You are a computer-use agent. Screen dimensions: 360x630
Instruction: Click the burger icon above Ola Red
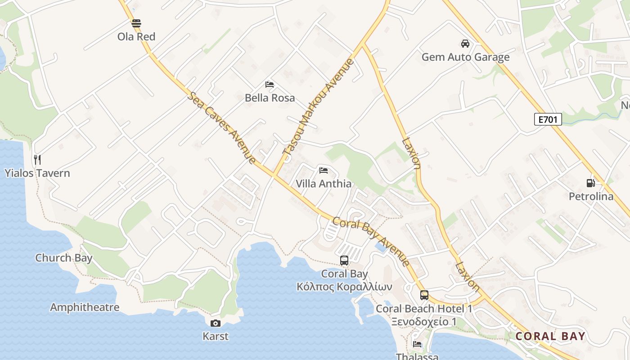[136, 23]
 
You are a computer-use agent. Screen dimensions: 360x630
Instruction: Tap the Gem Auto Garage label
[465, 57]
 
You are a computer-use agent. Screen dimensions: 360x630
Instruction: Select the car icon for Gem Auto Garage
[465, 44]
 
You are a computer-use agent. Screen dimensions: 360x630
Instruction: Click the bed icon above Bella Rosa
[270, 84]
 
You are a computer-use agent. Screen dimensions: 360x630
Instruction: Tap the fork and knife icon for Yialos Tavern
[37, 159]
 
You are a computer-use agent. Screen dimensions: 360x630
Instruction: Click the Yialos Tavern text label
[37, 173]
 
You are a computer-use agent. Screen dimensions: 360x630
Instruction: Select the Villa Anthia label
[324, 184]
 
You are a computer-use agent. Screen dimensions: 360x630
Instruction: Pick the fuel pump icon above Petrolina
[591, 183]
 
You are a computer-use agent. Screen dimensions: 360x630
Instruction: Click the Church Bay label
[64, 258]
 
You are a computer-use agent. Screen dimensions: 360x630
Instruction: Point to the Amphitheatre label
[85, 307]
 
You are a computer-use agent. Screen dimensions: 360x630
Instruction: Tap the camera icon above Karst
[216, 323]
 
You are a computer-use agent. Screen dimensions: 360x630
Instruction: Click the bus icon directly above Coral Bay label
[344, 260]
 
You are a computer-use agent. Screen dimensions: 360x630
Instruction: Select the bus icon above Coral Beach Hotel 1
[424, 295]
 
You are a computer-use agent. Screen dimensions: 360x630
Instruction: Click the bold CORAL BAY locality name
[550, 336]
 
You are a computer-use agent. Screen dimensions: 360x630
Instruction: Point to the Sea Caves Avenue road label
[222, 128]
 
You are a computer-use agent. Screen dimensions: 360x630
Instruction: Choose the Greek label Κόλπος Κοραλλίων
[344, 287]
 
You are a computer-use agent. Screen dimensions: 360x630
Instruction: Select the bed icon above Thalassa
[417, 344]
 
